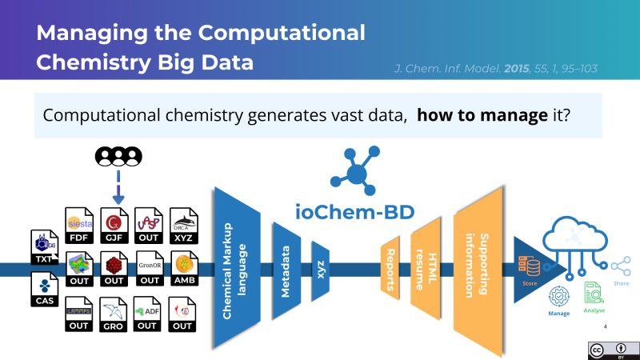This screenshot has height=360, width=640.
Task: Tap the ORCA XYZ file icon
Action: (183, 223)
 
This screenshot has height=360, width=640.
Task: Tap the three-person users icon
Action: (117, 158)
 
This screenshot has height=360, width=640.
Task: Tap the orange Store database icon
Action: (529, 265)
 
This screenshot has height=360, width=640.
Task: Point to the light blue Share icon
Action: (621, 266)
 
